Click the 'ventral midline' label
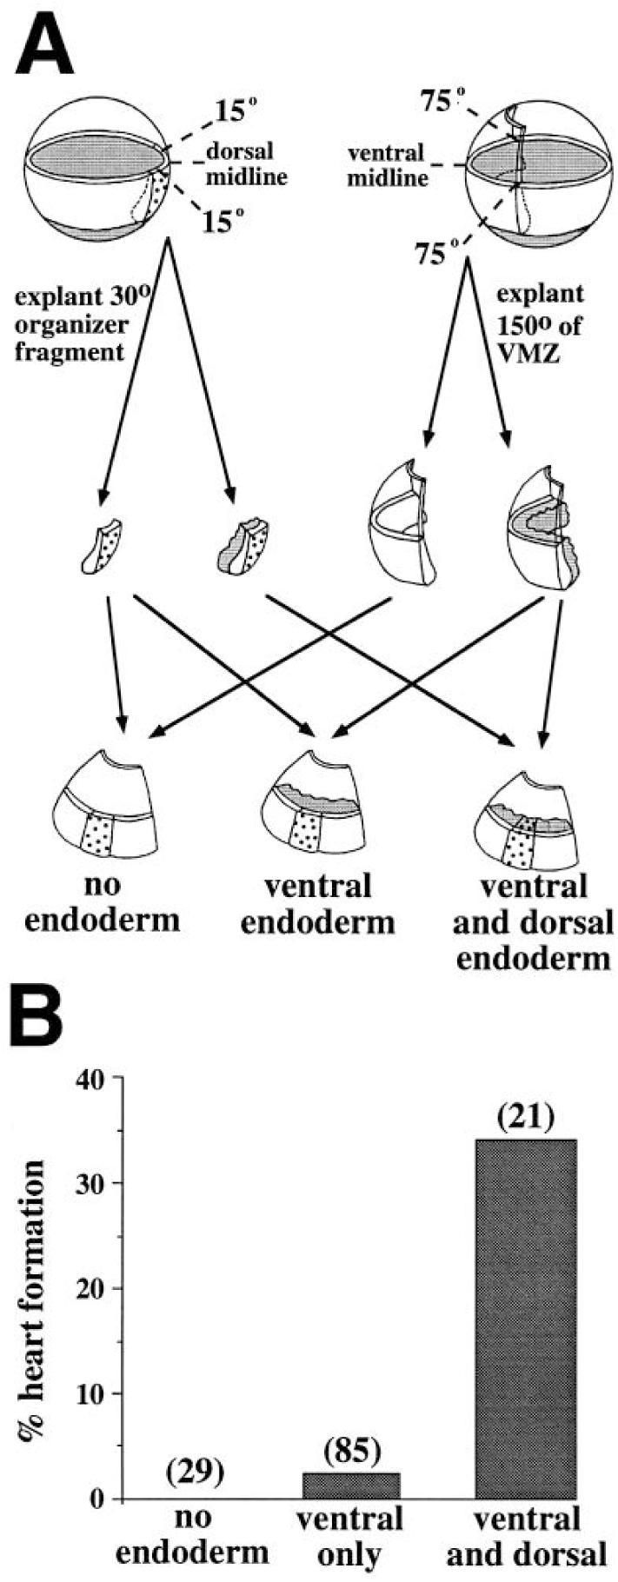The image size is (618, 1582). (x=386, y=166)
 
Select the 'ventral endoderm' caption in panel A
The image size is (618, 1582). (x=316, y=903)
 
